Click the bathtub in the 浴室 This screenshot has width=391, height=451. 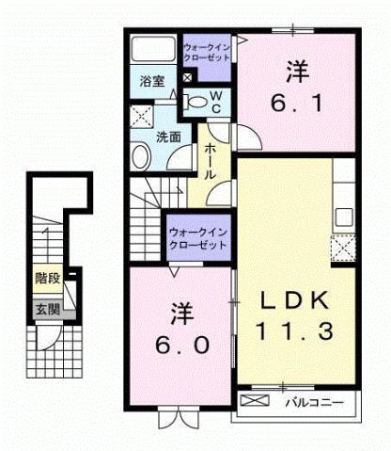point(153,50)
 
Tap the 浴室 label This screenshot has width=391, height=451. point(153,81)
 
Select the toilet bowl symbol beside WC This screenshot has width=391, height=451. point(198,102)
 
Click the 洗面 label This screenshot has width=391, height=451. point(168,137)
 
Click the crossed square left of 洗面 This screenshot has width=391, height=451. point(142,117)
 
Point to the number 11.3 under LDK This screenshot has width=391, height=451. point(293,330)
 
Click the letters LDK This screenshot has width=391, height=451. point(293,301)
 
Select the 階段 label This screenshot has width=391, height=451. point(47,279)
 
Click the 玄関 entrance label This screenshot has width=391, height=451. point(47,308)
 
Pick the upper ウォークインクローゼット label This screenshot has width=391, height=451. point(207,52)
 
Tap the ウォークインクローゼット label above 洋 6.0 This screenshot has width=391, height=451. point(198,237)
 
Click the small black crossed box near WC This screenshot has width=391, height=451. point(186,77)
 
